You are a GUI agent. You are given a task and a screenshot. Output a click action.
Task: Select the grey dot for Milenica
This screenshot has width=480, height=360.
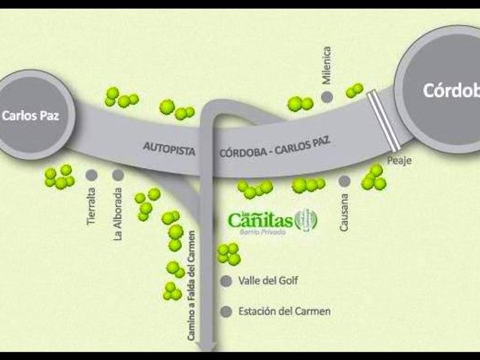(x=327, y=97)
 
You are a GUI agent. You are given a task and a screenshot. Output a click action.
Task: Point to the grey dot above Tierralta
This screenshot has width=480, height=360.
(x=91, y=175)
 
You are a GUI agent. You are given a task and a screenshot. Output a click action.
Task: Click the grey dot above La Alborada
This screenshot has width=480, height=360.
(x=118, y=175)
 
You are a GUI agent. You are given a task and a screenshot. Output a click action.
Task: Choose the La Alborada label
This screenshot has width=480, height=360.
(x=118, y=214)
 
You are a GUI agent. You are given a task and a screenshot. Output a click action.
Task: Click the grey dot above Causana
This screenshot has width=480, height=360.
(x=344, y=181)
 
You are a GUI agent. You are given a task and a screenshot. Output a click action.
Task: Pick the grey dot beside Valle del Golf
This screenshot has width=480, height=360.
(x=227, y=281)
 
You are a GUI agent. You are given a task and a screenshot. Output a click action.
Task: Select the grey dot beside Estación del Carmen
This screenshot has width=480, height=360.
(x=227, y=312)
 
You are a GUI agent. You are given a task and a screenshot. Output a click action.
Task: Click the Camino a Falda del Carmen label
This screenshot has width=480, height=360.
(x=192, y=286)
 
